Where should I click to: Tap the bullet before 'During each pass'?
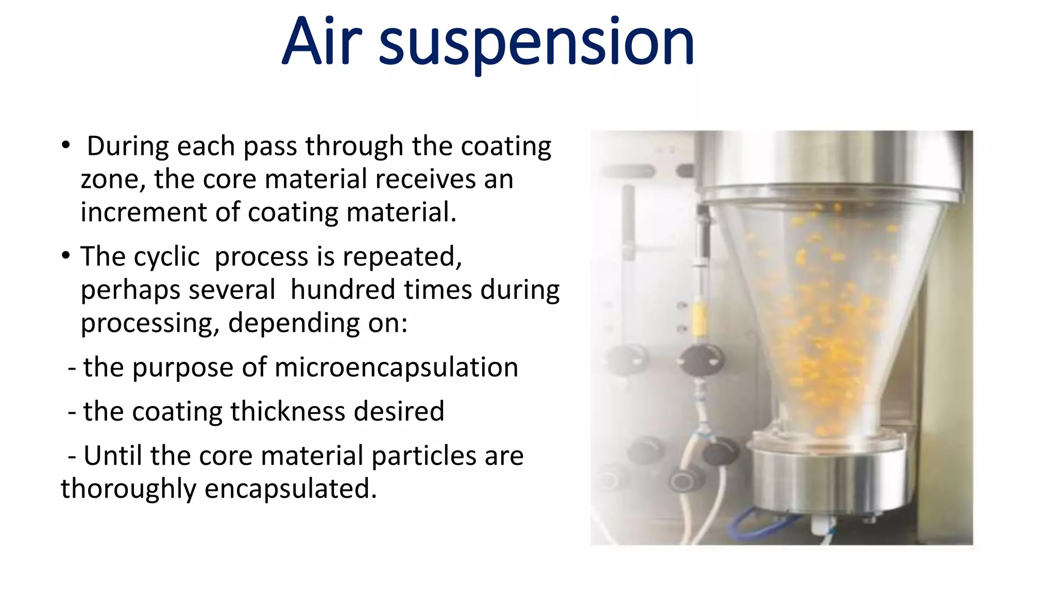pos(65,145)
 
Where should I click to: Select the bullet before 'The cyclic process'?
pos(65,255)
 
